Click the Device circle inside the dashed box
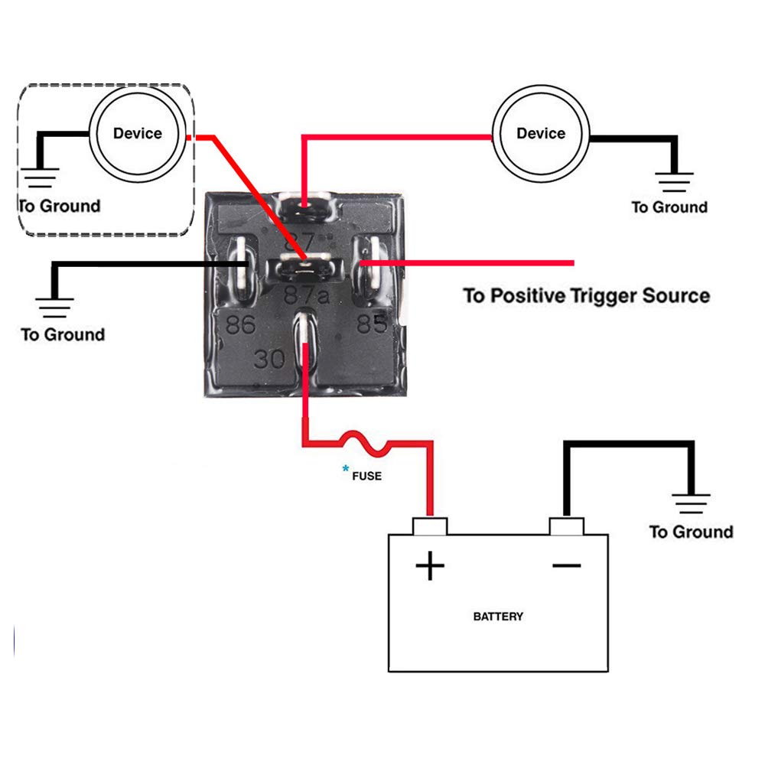click(138, 133)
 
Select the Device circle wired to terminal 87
click(541, 133)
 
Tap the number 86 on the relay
click(240, 325)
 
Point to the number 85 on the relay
click(372, 324)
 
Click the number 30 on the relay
click(269, 359)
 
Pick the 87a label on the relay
click(307, 295)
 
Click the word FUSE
click(366, 476)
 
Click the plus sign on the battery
click(430, 566)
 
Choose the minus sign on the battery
click(567, 565)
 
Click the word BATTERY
click(498, 616)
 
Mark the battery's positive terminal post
click(430, 526)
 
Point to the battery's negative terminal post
click(567, 526)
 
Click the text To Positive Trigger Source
click(587, 295)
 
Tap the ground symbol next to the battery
click(692, 503)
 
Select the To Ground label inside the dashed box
click(60, 206)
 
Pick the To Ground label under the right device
click(669, 207)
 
